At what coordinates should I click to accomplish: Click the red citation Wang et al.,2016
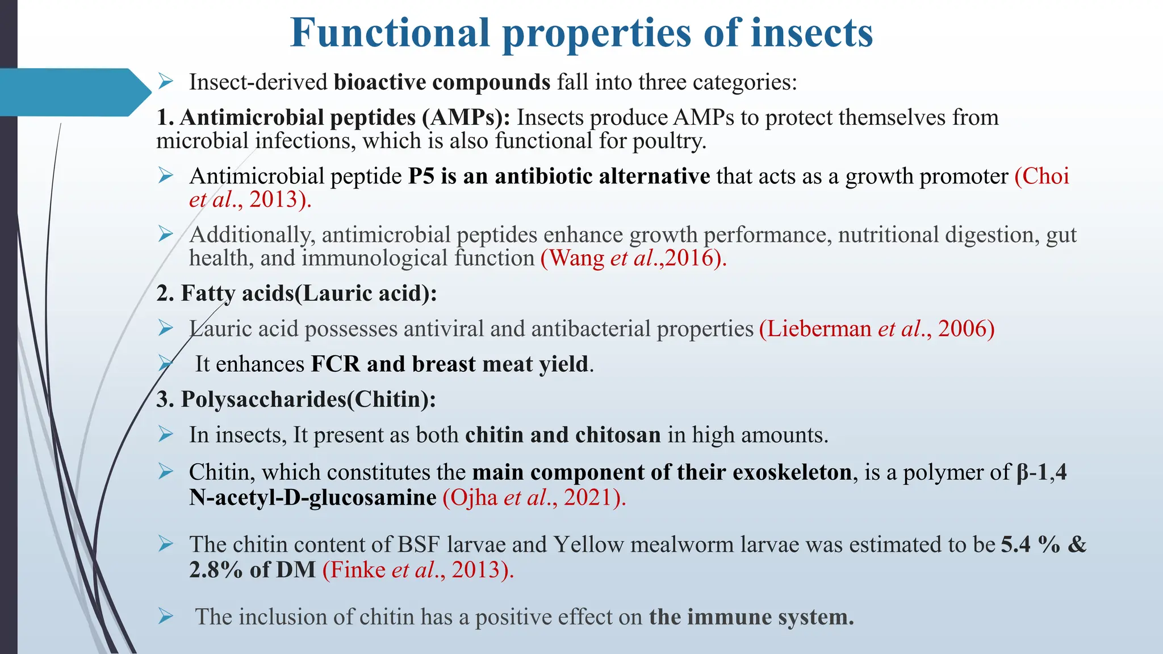tap(633, 258)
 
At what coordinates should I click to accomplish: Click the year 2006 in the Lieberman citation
tap(962, 329)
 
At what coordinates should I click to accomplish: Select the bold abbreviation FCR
tap(335, 364)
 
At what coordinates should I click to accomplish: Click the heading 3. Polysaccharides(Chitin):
tap(296, 399)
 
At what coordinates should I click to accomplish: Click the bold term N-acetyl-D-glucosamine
tap(313, 497)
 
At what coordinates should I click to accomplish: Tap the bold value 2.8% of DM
tap(252, 569)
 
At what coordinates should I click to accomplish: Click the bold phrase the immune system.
tap(751, 617)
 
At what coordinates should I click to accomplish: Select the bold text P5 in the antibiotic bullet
tap(421, 176)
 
